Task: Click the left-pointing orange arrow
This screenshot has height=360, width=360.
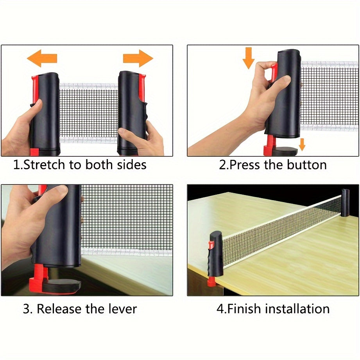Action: (41, 59)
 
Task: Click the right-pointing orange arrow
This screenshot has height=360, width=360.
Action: (138, 59)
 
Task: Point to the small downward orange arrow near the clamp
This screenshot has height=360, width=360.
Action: (302, 144)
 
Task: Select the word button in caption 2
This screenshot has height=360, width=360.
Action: (307, 165)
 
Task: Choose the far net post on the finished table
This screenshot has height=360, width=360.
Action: (346, 203)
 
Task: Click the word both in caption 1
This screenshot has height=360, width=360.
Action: (98, 165)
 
